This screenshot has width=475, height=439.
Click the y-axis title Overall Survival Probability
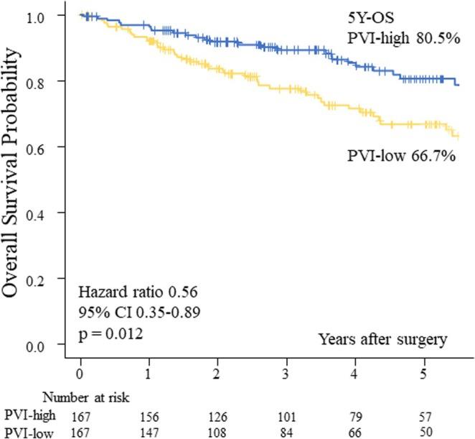coord(16,179)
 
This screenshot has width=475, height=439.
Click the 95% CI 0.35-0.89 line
coord(135,313)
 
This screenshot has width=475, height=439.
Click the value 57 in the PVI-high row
coord(423,415)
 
